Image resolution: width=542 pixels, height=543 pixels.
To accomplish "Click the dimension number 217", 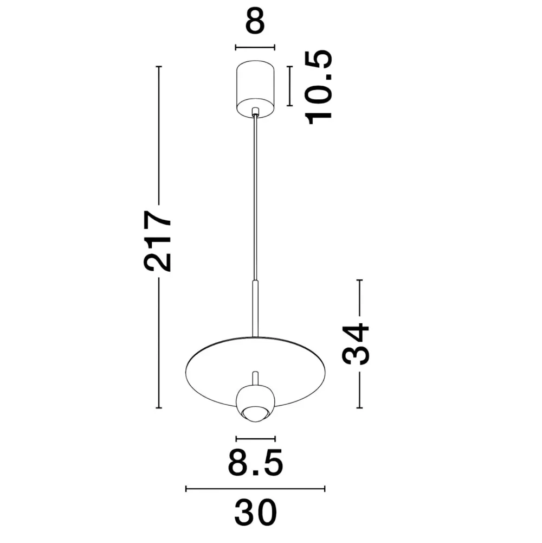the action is pyautogui.click(x=158, y=241).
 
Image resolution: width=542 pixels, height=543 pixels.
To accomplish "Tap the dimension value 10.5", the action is pyautogui.click(x=318, y=87).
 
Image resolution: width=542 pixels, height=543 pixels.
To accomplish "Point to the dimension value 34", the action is pyautogui.click(x=356, y=344).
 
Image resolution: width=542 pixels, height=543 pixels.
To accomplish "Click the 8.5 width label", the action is pyautogui.click(x=255, y=462).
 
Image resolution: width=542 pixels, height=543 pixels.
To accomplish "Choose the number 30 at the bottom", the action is pyautogui.click(x=255, y=513).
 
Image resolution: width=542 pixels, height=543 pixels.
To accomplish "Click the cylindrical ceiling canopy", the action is pyautogui.click(x=255, y=89).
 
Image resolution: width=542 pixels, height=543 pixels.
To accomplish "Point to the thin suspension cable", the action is pyautogui.click(x=255, y=197).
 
